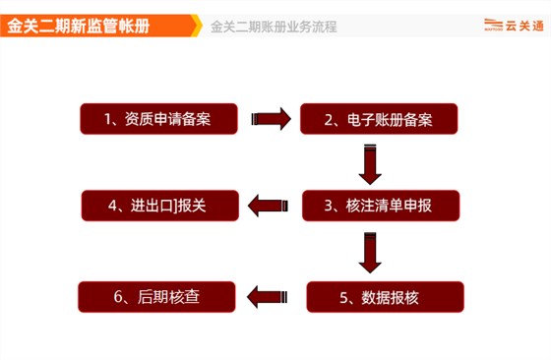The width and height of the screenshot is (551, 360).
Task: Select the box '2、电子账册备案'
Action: coord(378,120)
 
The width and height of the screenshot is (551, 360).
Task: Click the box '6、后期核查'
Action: coord(156,294)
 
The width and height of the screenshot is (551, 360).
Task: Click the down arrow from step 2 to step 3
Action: coord(370,162)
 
